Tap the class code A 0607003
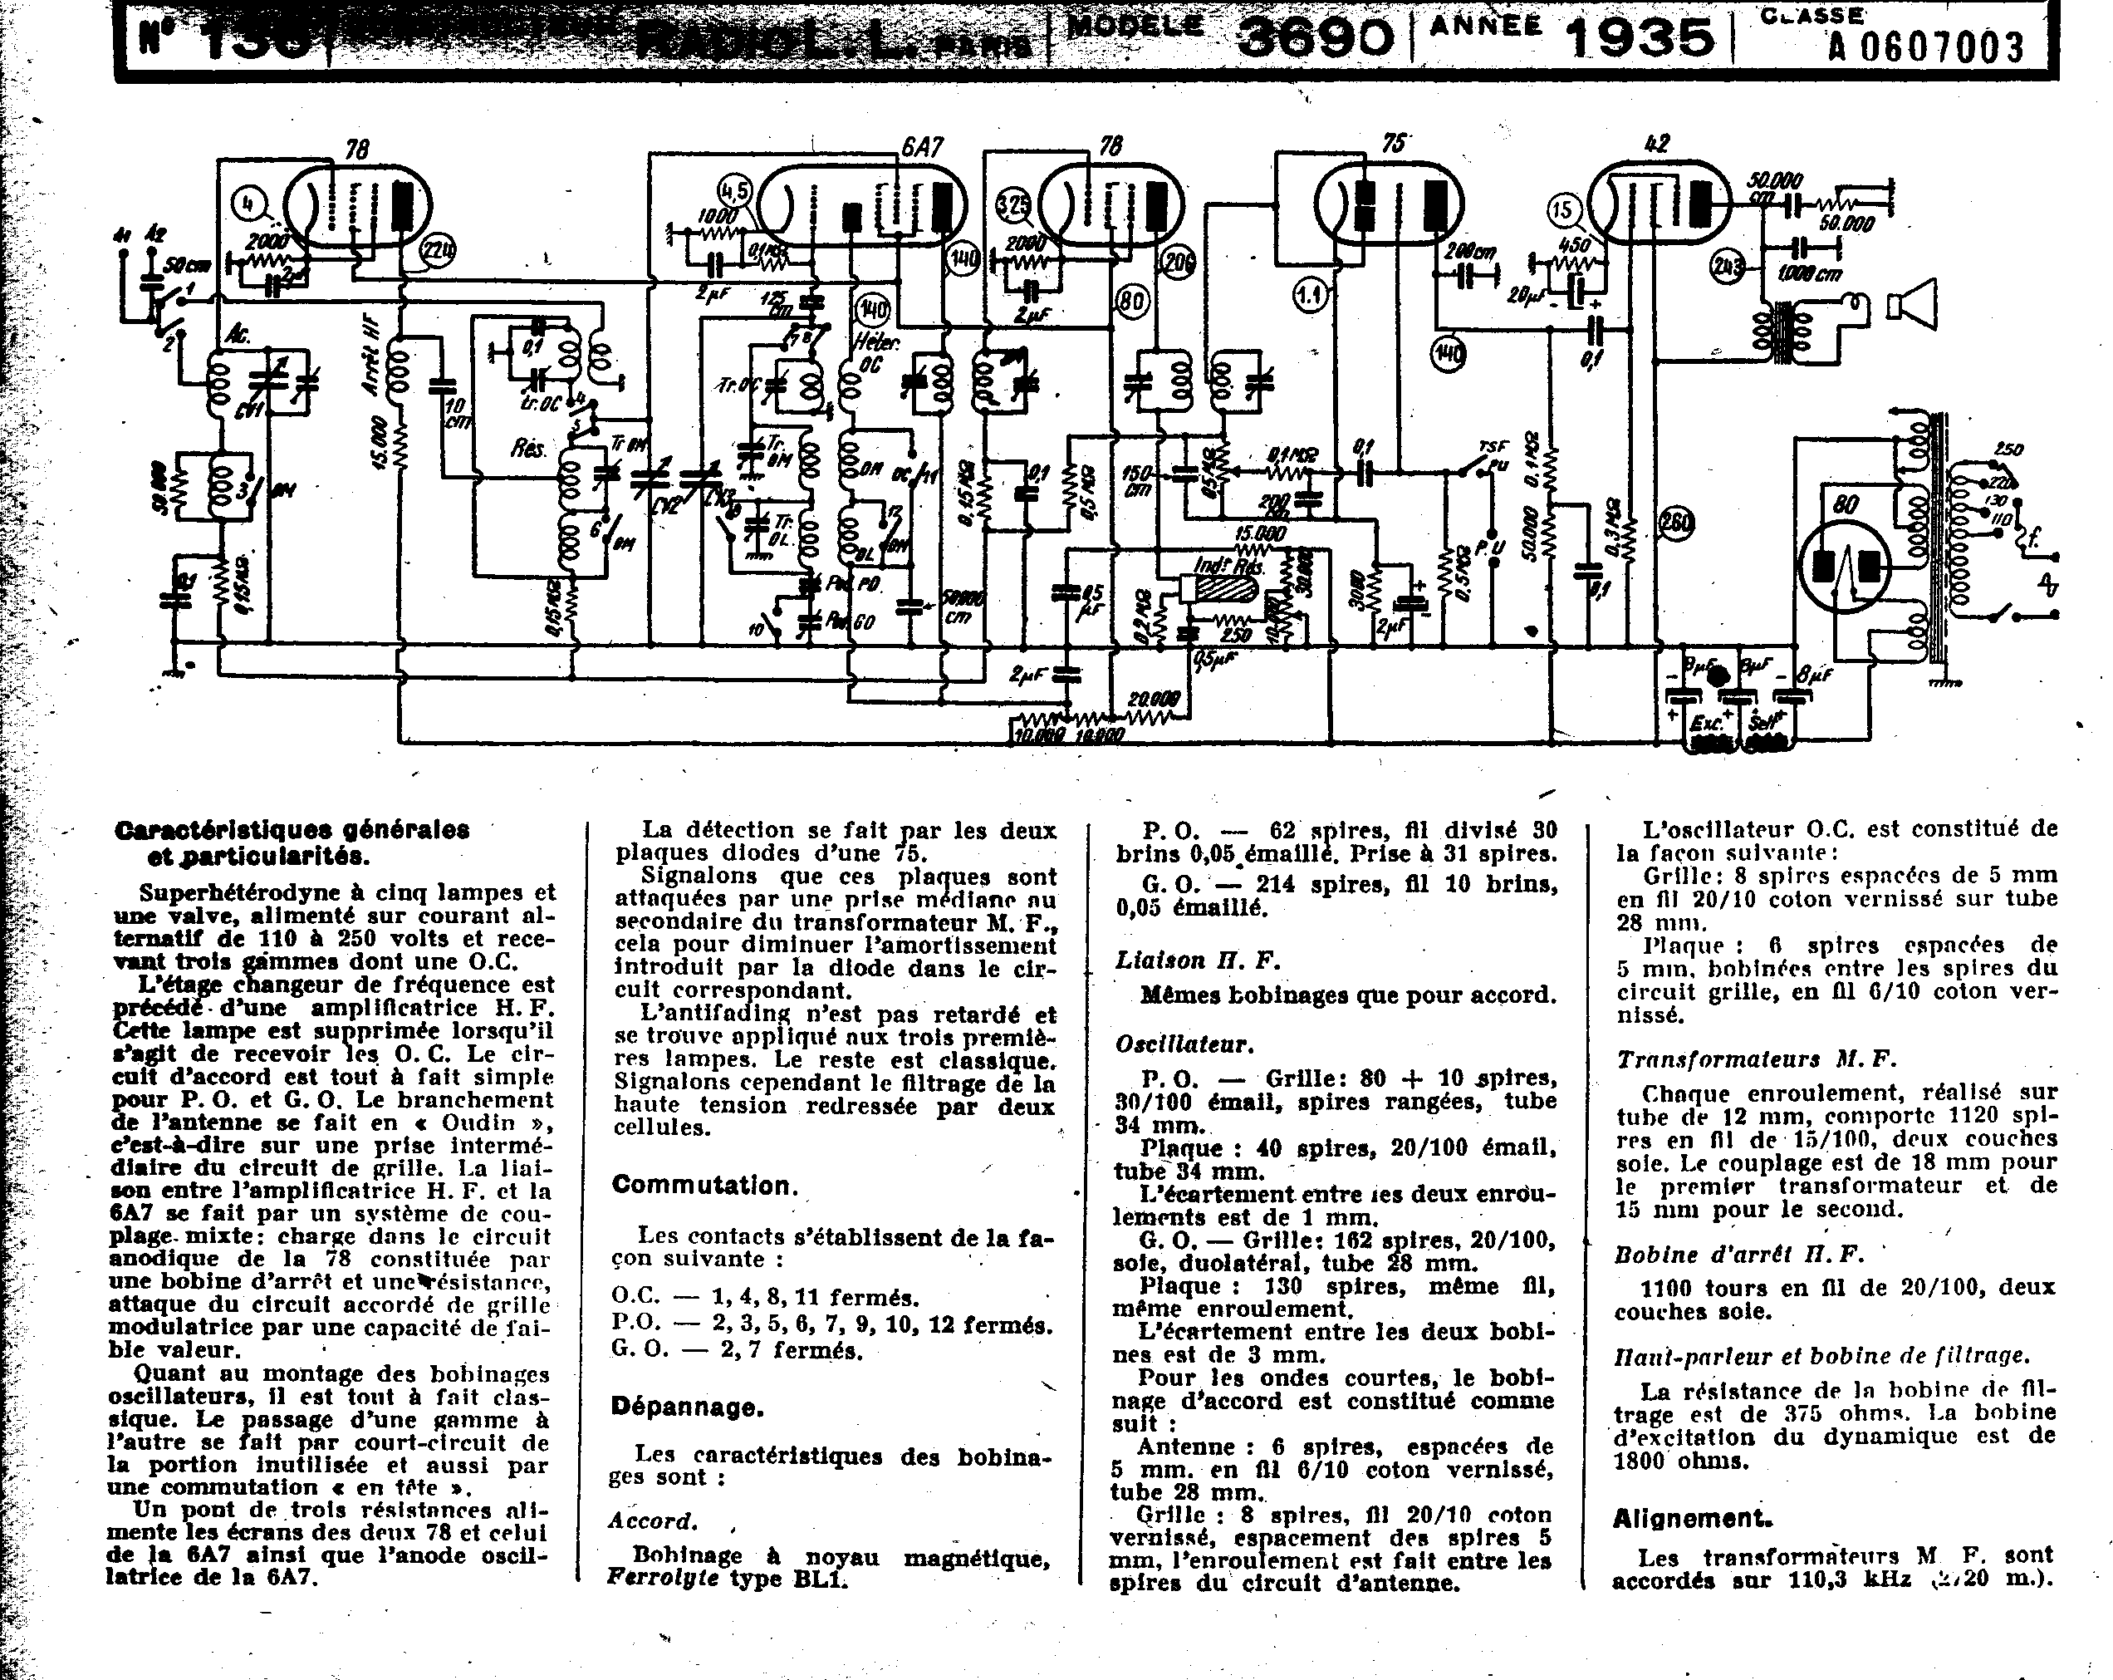point(1926,46)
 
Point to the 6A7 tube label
point(921,147)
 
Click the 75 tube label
point(1392,144)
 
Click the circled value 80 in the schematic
point(1132,302)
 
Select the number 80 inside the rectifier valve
point(1846,506)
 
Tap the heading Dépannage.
point(687,1407)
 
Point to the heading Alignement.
point(1693,1520)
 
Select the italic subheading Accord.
point(653,1521)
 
